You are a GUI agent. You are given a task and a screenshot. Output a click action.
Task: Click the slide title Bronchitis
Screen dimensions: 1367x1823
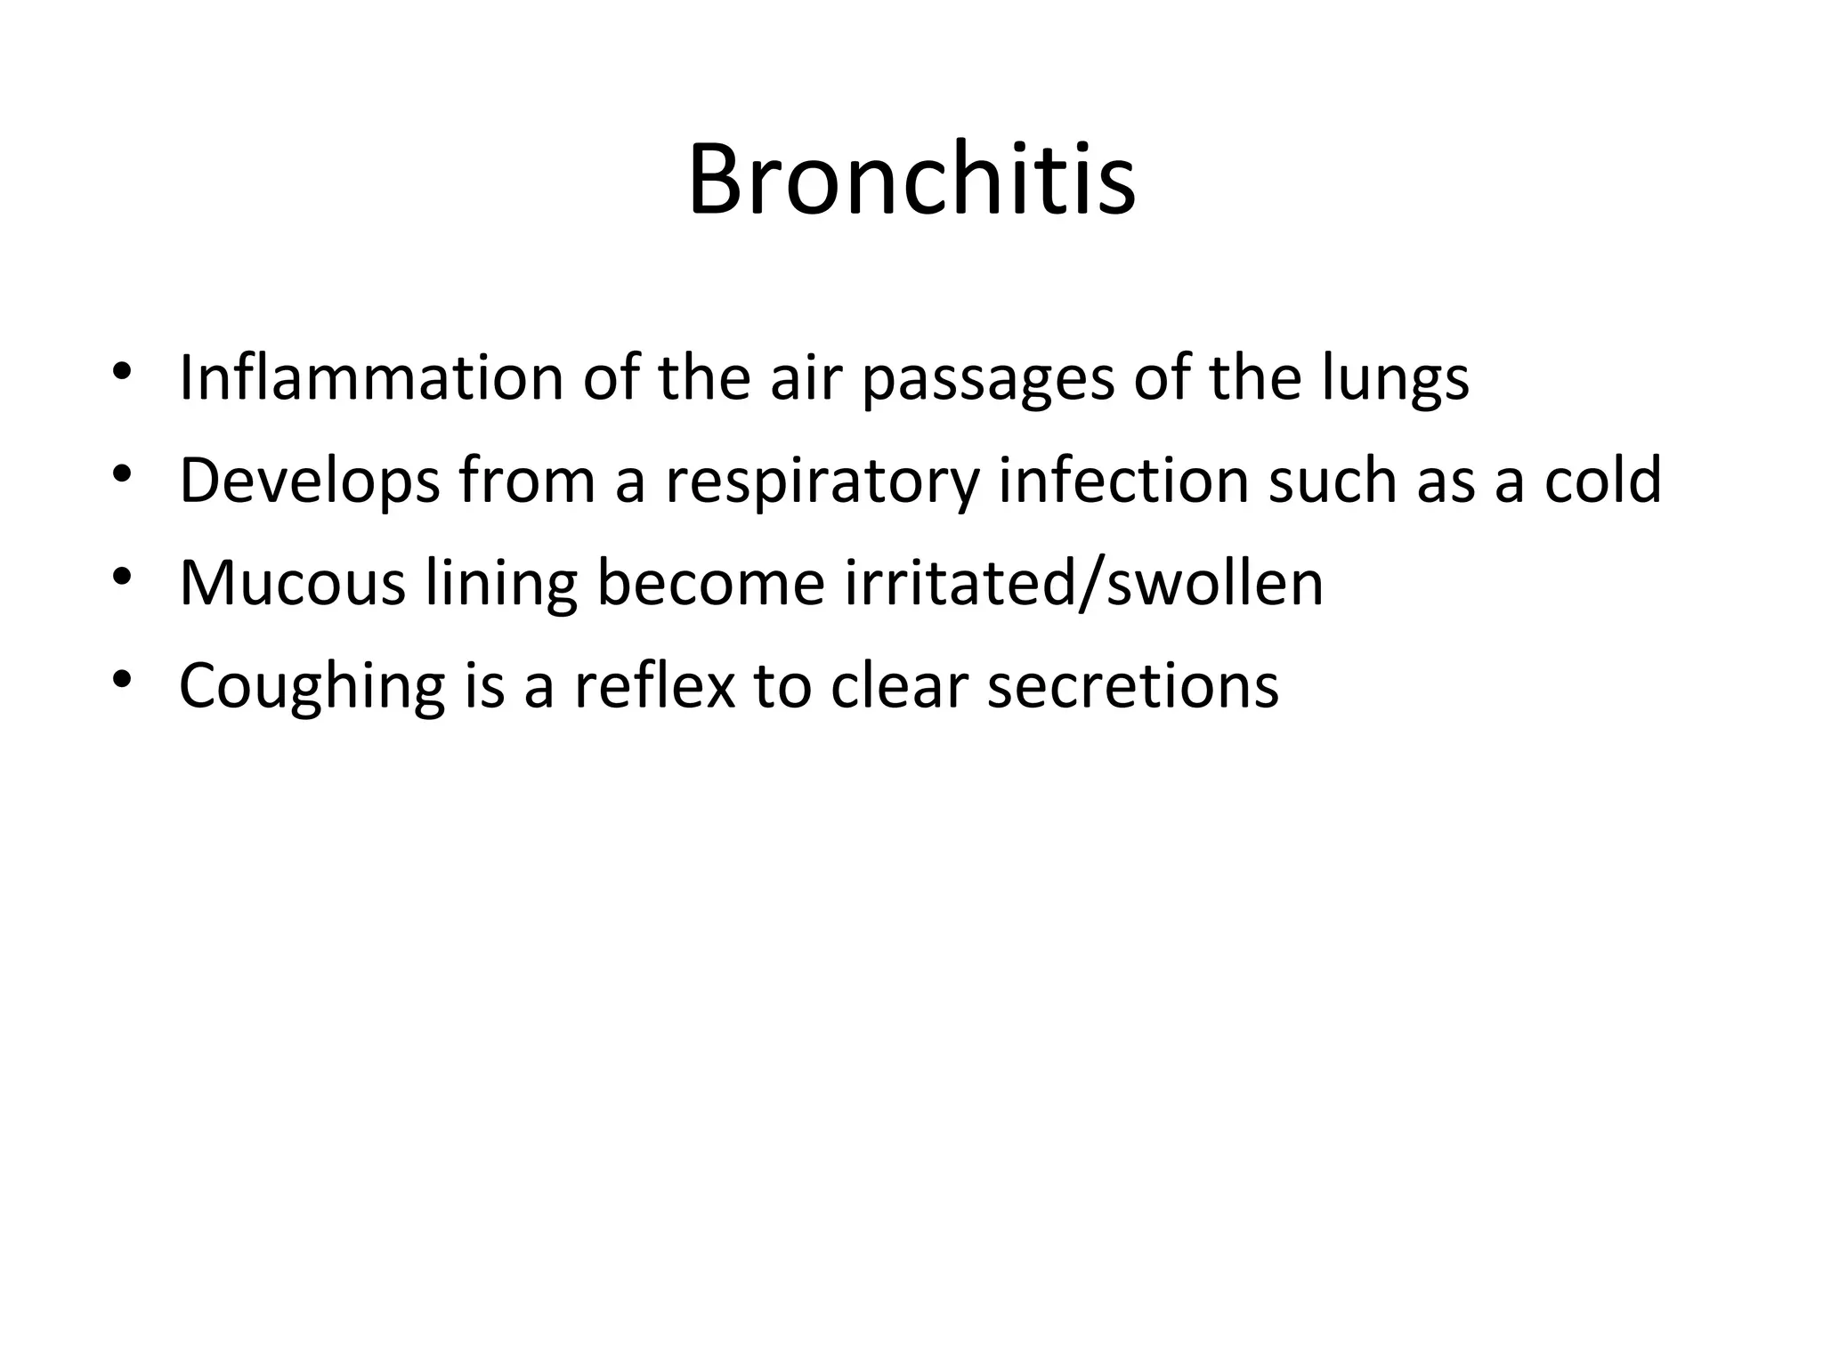click(911, 181)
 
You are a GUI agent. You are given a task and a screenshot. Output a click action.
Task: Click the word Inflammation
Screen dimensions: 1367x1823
click(371, 378)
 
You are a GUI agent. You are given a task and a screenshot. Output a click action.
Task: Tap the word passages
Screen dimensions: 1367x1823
click(988, 378)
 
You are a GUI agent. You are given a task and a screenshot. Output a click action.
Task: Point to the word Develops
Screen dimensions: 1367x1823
click(309, 481)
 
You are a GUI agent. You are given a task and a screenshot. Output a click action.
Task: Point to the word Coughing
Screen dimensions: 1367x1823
click(312, 685)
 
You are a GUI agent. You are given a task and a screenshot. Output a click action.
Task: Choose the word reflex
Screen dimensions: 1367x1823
click(655, 685)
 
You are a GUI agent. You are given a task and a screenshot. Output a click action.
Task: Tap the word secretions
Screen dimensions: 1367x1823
click(1133, 685)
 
